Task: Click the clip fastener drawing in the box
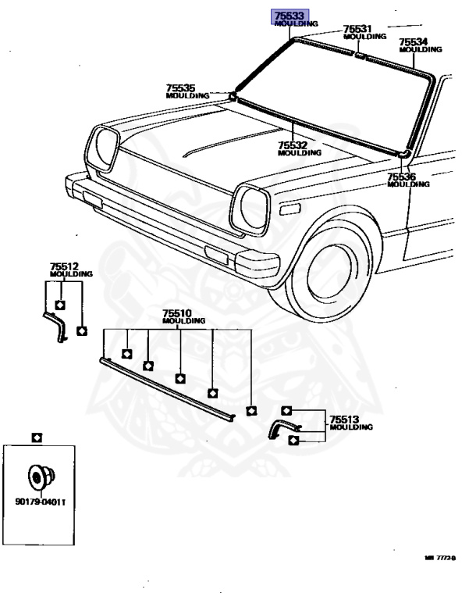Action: click(38, 475)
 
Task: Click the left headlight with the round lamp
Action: click(105, 148)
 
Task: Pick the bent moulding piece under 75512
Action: click(57, 321)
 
